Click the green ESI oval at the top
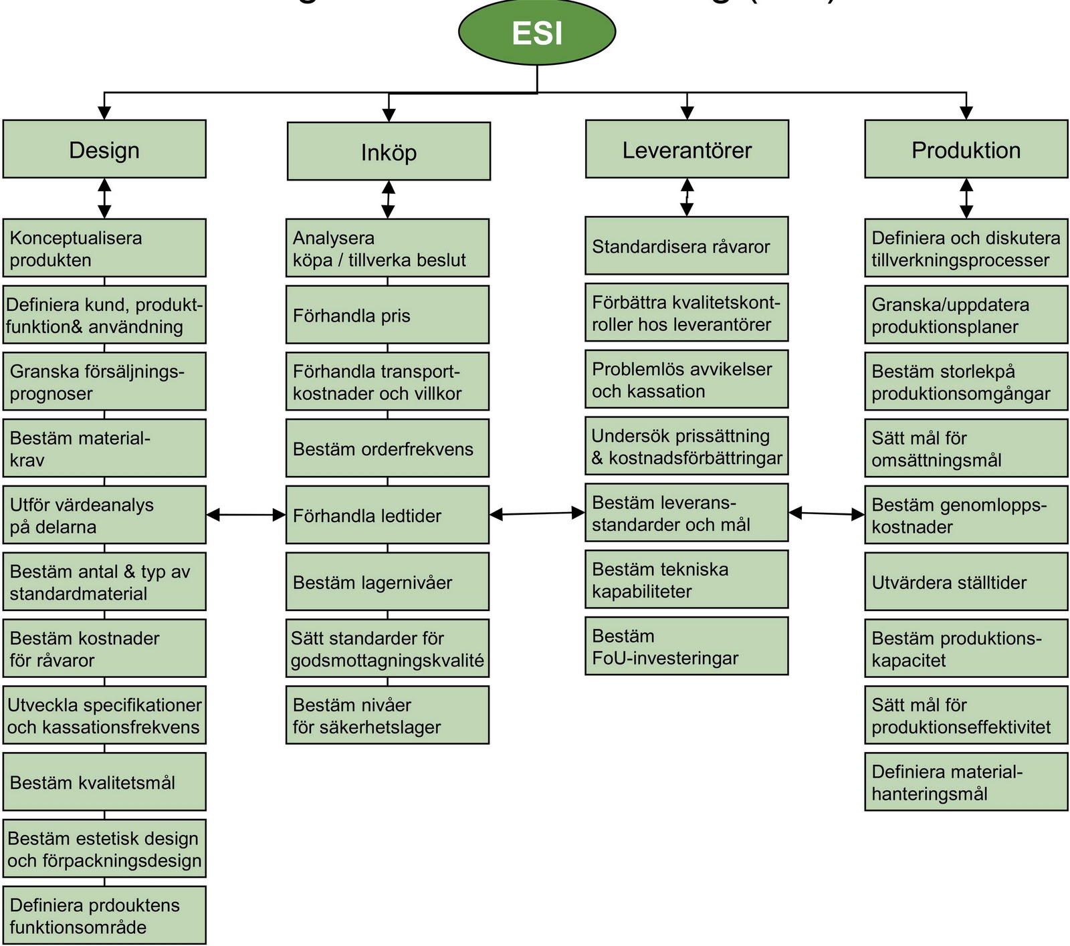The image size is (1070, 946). pos(537,33)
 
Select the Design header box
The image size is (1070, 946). pos(104,149)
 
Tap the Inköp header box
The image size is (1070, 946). pos(389,151)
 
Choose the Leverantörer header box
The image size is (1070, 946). pos(687,149)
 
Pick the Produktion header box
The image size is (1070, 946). pos(966,149)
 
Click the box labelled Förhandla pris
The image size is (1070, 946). pos(387,315)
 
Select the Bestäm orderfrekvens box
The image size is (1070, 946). pos(387,448)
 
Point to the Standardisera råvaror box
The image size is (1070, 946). pos(686,245)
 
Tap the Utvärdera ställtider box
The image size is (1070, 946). pos(966,582)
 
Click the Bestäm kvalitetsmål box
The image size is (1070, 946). pos(104,782)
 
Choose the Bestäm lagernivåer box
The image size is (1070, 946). pos(387,582)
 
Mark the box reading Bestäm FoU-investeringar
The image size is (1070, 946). pos(686,646)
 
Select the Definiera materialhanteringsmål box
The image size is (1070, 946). pos(966,782)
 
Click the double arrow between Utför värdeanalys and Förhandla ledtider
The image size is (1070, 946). pos(246,515)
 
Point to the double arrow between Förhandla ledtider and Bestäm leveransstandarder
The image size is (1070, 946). pos(537,513)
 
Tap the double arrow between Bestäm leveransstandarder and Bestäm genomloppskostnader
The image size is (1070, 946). pos(827,513)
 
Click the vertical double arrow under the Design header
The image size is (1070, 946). pos(104,198)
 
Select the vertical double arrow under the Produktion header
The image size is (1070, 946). pos(966,198)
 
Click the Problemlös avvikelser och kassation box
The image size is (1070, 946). pos(686,379)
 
